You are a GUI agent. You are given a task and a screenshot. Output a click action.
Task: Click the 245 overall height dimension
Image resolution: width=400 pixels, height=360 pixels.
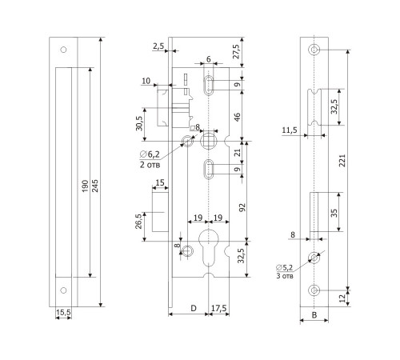[95, 186]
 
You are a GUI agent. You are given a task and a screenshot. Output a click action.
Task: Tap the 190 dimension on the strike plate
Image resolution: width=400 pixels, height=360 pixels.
[85, 186]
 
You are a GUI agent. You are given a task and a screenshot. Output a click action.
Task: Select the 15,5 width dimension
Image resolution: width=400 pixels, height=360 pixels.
[63, 313]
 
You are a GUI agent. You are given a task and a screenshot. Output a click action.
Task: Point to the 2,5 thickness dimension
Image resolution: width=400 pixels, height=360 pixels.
[158, 46]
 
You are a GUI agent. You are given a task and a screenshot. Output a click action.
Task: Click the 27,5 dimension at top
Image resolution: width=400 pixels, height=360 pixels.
[237, 51]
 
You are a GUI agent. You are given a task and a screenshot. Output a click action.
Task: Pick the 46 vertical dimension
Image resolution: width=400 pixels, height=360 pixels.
[237, 117]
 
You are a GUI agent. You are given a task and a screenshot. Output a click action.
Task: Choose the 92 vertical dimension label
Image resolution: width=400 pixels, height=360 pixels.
[242, 208]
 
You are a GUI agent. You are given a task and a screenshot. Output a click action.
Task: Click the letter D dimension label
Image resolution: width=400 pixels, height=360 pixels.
[194, 308]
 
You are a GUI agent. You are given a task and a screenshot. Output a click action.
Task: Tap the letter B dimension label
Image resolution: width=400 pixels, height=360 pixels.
[314, 315]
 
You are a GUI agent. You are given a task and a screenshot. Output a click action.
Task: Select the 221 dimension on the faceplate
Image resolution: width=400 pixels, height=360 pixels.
[342, 160]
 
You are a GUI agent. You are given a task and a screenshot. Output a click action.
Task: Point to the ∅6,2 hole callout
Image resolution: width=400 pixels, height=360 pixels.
[150, 154]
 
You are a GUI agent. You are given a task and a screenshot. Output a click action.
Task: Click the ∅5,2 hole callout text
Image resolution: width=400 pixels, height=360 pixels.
[285, 267]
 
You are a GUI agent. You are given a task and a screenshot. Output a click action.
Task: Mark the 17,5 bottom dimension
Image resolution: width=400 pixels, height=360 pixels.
[219, 308]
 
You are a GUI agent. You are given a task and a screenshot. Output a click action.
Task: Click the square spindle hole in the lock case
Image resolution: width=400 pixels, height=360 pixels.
[208, 141]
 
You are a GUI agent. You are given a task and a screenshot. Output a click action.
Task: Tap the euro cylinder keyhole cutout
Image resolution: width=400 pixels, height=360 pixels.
[208, 247]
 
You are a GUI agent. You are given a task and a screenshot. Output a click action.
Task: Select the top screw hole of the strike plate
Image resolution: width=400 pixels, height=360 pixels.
[63, 50]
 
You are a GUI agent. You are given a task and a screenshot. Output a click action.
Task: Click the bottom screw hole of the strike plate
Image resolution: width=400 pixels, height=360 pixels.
[63, 290]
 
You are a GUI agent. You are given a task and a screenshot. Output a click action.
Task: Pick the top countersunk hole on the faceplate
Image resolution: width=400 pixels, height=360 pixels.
[314, 50]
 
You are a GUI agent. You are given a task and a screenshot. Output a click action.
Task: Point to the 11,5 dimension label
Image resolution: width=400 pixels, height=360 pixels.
[290, 130]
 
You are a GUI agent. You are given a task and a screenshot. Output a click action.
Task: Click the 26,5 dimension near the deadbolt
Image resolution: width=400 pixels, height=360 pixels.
[138, 221]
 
